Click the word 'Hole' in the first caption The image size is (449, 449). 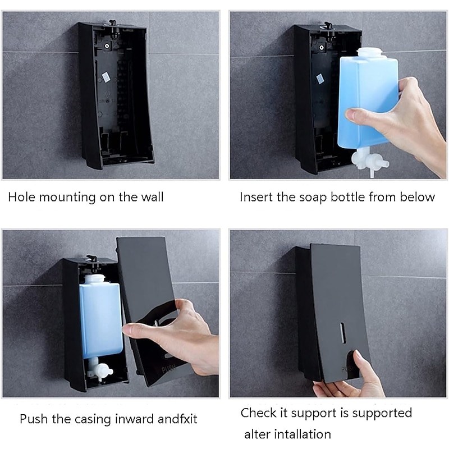coord(20,197)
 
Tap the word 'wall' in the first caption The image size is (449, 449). coord(152,197)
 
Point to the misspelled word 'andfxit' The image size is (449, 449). coord(177,419)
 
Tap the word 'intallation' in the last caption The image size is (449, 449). coord(303,434)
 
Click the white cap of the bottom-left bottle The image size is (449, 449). coord(95,278)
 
